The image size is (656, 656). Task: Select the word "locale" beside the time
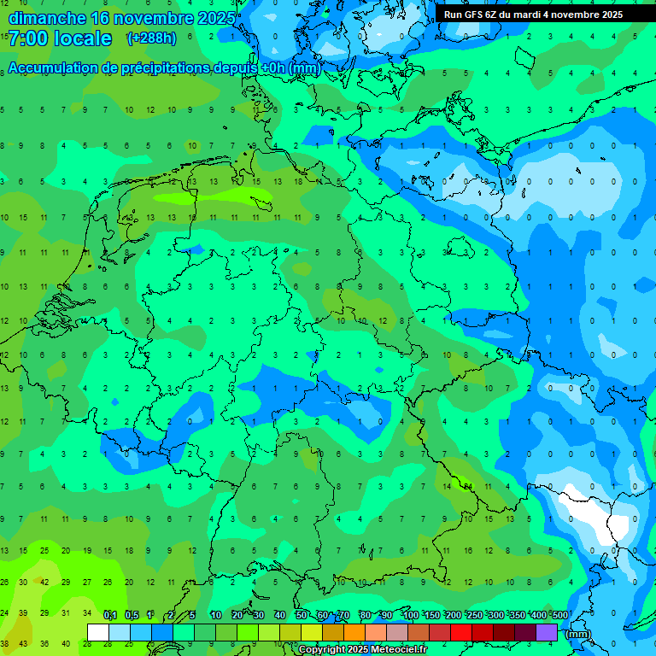pyautogui.click(x=83, y=38)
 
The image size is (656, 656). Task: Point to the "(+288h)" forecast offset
pyautogui.click(x=151, y=38)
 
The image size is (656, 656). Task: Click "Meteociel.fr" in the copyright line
pyautogui.click(x=399, y=650)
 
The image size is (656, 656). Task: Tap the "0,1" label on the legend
pyautogui.click(x=109, y=616)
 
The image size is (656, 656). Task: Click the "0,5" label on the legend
pyautogui.click(x=132, y=616)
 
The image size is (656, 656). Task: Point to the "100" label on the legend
pyautogui.click(x=410, y=616)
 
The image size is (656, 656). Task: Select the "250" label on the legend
pyautogui.click(x=474, y=616)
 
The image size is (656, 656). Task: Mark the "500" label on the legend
pyautogui.click(x=559, y=616)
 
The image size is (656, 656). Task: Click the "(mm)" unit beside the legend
pyautogui.click(x=579, y=634)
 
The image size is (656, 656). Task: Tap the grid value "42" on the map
pyautogui.click(x=45, y=583)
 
